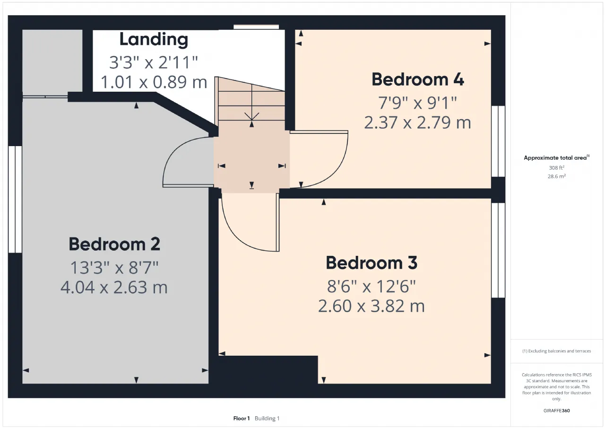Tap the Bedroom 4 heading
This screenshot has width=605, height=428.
(x=417, y=79)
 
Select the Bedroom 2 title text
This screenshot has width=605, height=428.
(x=114, y=244)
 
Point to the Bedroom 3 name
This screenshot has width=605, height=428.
(x=372, y=262)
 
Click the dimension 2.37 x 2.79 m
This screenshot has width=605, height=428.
(x=417, y=122)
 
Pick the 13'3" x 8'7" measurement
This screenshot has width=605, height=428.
(x=114, y=268)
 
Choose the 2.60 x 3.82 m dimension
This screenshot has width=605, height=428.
(x=372, y=306)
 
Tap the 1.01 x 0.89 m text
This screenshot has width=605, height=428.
(x=154, y=82)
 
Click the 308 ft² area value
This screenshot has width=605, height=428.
(x=556, y=168)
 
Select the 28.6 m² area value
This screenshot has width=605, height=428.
(x=556, y=176)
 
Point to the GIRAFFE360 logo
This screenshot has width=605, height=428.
(x=556, y=411)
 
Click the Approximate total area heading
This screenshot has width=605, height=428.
(x=556, y=158)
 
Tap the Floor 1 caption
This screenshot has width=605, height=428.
(x=242, y=419)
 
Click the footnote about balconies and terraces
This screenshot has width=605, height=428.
(x=556, y=351)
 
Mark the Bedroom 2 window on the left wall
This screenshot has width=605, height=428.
(x=15, y=200)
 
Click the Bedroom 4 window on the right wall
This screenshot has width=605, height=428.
(x=498, y=141)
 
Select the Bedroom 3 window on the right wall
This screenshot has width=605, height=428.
(x=498, y=250)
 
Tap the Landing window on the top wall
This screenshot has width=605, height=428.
(x=256, y=27)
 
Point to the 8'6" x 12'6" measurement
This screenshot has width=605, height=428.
(x=372, y=287)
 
